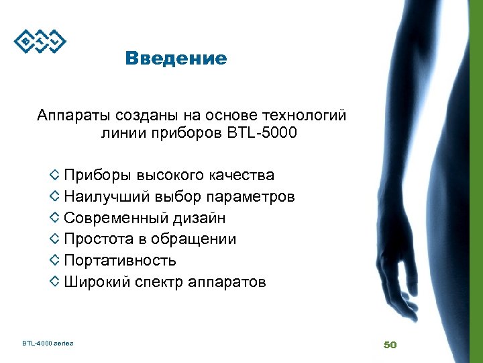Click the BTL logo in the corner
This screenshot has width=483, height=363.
[x=40, y=42]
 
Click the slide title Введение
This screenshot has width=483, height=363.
[x=176, y=59]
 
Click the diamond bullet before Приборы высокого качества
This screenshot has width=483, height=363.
[x=55, y=175]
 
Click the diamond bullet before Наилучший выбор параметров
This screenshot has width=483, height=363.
[x=55, y=197]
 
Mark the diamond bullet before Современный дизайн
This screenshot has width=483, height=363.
[x=55, y=218]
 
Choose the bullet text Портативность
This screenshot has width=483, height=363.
[x=120, y=261]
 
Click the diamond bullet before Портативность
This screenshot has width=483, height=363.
[x=55, y=260]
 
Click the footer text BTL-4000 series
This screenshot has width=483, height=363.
[x=48, y=344]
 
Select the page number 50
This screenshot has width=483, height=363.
[x=390, y=344]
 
